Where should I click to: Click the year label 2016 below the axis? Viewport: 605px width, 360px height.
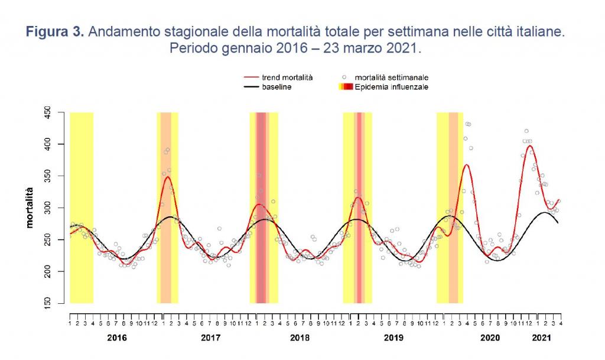pos(117,338)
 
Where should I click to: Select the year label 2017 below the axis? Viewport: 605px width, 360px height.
pos(210,338)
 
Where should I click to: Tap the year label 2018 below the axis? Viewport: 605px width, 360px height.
pos(300,338)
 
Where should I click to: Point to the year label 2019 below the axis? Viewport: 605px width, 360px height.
pos(393,338)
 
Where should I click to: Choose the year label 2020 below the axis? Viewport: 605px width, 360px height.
pos(490,338)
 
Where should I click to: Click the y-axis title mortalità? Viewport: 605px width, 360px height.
pos(29,207)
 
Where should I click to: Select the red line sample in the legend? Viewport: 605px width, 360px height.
pos(252,77)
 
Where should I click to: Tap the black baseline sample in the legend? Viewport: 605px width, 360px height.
pos(252,87)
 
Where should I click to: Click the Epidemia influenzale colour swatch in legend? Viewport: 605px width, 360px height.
pos(345,87)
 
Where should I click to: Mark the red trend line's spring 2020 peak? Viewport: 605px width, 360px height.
pos(467,165)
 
